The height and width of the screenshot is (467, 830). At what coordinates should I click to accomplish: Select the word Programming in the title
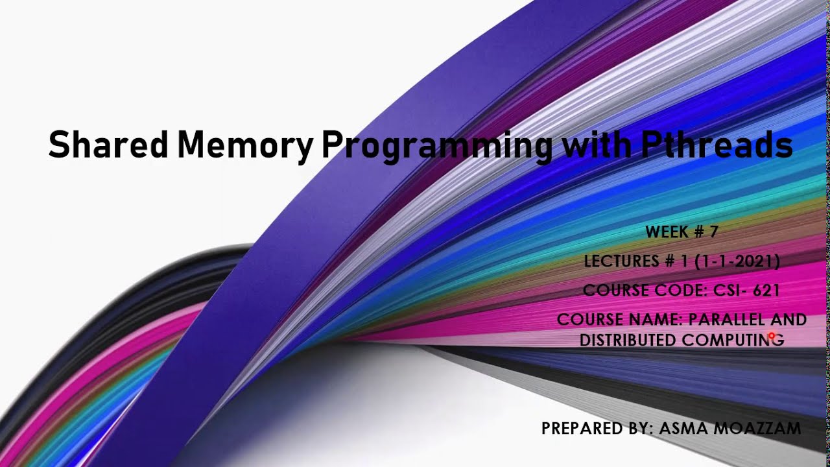click(437, 145)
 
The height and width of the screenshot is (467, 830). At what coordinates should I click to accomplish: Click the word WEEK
click(667, 232)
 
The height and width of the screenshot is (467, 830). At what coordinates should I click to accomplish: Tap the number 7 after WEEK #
click(713, 232)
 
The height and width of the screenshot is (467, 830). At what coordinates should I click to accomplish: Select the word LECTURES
click(621, 261)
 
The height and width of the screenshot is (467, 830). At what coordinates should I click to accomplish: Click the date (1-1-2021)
click(737, 261)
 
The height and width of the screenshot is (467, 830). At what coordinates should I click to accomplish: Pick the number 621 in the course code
click(766, 290)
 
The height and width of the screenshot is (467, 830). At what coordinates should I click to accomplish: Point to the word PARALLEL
click(727, 320)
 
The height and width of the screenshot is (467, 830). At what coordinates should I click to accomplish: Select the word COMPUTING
click(733, 340)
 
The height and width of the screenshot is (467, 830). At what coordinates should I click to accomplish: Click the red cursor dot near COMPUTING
click(771, 336)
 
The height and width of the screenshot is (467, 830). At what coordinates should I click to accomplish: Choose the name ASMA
click(680, 428)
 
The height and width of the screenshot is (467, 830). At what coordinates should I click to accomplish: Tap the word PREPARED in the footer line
click(578, 428)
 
